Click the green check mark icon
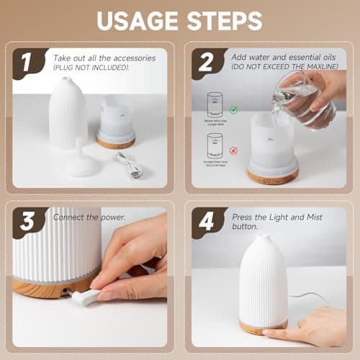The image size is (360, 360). [x=233, y=110]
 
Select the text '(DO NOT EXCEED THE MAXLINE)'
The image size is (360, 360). [x=276, y=67]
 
